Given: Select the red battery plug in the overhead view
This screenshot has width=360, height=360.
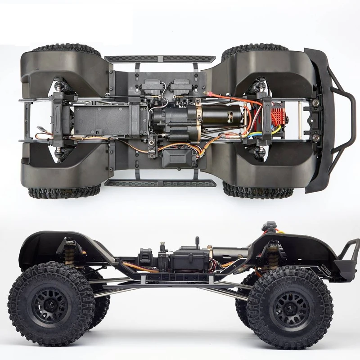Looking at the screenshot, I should pos(211,95).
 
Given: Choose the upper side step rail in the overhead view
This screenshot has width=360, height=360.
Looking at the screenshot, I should pos(160,59).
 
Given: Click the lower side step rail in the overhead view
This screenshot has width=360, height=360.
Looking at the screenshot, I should pos(160,184).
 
